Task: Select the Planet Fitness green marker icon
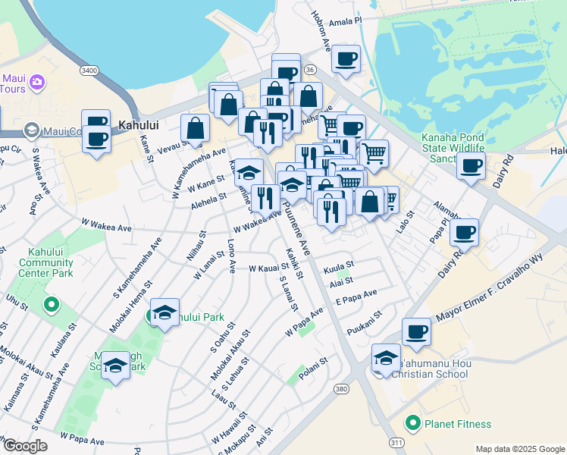pos(413,423)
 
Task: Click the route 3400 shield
pos(89,70)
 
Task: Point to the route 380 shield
pos(340,389)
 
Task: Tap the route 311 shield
pos(396,441)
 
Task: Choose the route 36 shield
pos(309,69)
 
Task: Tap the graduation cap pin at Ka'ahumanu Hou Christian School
pos(386,357)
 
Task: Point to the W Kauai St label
pos(268,268)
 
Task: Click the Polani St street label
pos(312,364)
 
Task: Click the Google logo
pos(25,446)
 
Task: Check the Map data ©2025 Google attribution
pos(520,449)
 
